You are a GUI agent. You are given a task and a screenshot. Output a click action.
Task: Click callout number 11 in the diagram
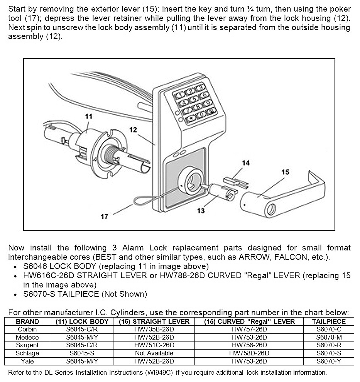coord(89,116)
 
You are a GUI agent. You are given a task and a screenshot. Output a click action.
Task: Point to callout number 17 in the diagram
coord(105,216)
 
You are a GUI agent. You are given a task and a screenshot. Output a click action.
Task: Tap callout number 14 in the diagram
coord(246,163)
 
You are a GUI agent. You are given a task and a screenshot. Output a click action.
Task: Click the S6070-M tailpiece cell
coord(329,337)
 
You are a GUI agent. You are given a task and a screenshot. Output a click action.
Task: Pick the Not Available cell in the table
coord(154,353)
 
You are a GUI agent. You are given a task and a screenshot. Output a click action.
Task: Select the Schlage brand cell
coord(27,353)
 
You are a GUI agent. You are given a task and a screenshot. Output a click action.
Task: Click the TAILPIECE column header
coord(329,321)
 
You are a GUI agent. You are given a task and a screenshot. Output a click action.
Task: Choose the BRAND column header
coord(27,321)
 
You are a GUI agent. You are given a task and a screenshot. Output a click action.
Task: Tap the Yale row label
coord(27,362)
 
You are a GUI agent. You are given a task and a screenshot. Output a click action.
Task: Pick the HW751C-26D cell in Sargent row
coord(154,345)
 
